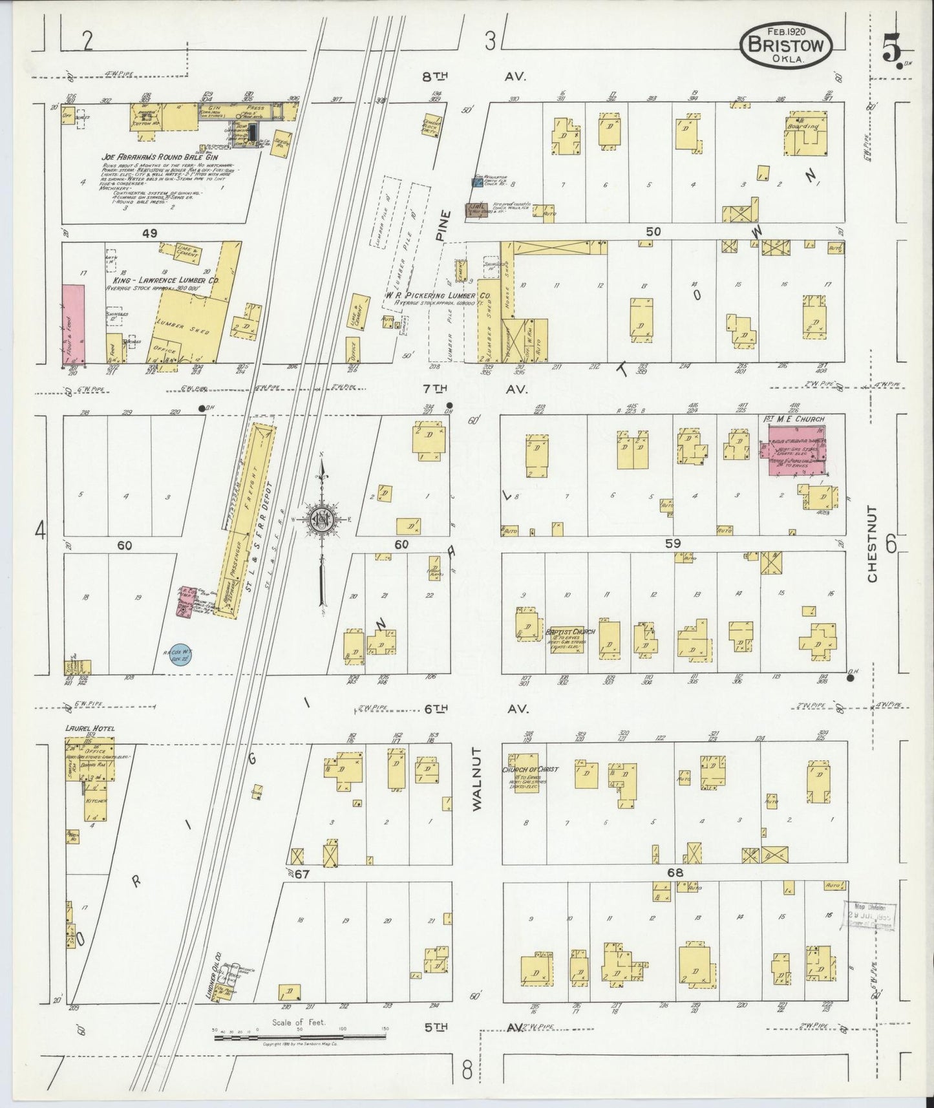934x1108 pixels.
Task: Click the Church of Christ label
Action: (x=529, y=770)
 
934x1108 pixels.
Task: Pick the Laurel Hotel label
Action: (x=90, y=729)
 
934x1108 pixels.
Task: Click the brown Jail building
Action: (x=478, y=210)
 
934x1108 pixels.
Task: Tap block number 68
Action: (x=676, y=872)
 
